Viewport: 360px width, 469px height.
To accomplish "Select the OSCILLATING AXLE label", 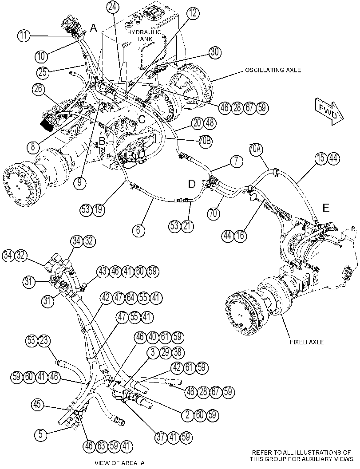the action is click(273, 70).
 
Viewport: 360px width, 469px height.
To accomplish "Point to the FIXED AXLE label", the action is click(307, 342).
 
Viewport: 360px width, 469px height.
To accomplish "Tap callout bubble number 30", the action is click(214, 52).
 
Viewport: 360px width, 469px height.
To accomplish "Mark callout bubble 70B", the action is click(205, 142).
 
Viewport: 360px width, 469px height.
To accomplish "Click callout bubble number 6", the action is click(138, 230).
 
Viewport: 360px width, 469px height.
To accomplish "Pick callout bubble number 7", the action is click(237, 162).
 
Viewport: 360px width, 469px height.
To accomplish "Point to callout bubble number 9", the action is click(79, 182).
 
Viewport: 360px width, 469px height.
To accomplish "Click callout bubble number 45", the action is click(38, 405).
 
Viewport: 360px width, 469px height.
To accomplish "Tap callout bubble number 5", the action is click(41, 434).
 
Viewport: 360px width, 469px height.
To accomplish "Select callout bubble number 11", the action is click(24, 35).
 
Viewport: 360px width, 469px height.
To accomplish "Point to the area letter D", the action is click(191, 184).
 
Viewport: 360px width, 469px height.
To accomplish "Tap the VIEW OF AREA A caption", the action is click(119, 463).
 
